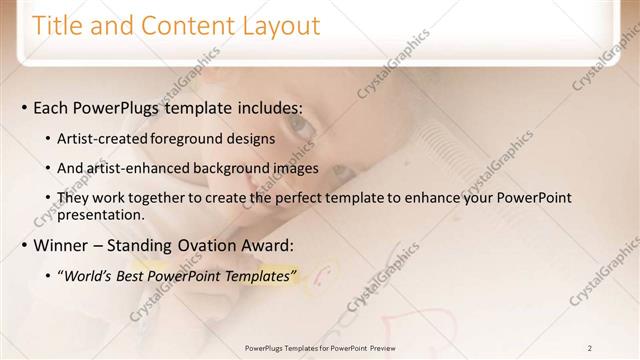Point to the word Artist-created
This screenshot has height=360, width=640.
(101, 138)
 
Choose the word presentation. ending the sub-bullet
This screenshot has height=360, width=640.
(102, 214)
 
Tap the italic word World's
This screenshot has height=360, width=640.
(86, 276)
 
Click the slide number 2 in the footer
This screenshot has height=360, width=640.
(590, 348)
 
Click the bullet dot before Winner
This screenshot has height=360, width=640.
(23, 246)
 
